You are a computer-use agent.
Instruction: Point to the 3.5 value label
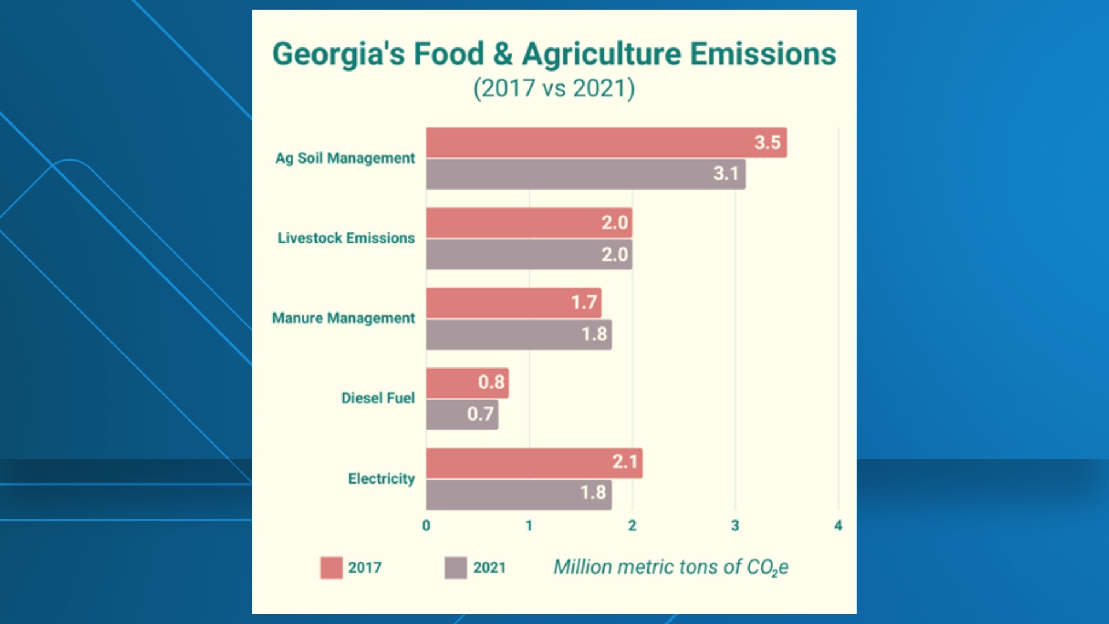[767, 143]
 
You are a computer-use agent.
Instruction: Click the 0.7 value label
[480, 414]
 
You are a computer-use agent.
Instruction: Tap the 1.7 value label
[584, 303]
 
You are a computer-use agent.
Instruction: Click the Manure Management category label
[343, 318]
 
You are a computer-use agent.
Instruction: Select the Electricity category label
[381, 479]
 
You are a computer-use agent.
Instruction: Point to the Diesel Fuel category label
[378, 398]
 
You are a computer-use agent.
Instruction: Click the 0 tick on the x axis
[426, 526]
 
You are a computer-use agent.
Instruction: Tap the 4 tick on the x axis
[838, 526]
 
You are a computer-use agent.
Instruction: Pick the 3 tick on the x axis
[735, 526]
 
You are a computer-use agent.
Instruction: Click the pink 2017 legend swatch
[332, 568]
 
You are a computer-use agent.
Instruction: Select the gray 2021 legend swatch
[456, 568]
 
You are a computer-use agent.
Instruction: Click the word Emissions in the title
[762, 54]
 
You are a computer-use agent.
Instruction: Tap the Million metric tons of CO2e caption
[671, 567]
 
